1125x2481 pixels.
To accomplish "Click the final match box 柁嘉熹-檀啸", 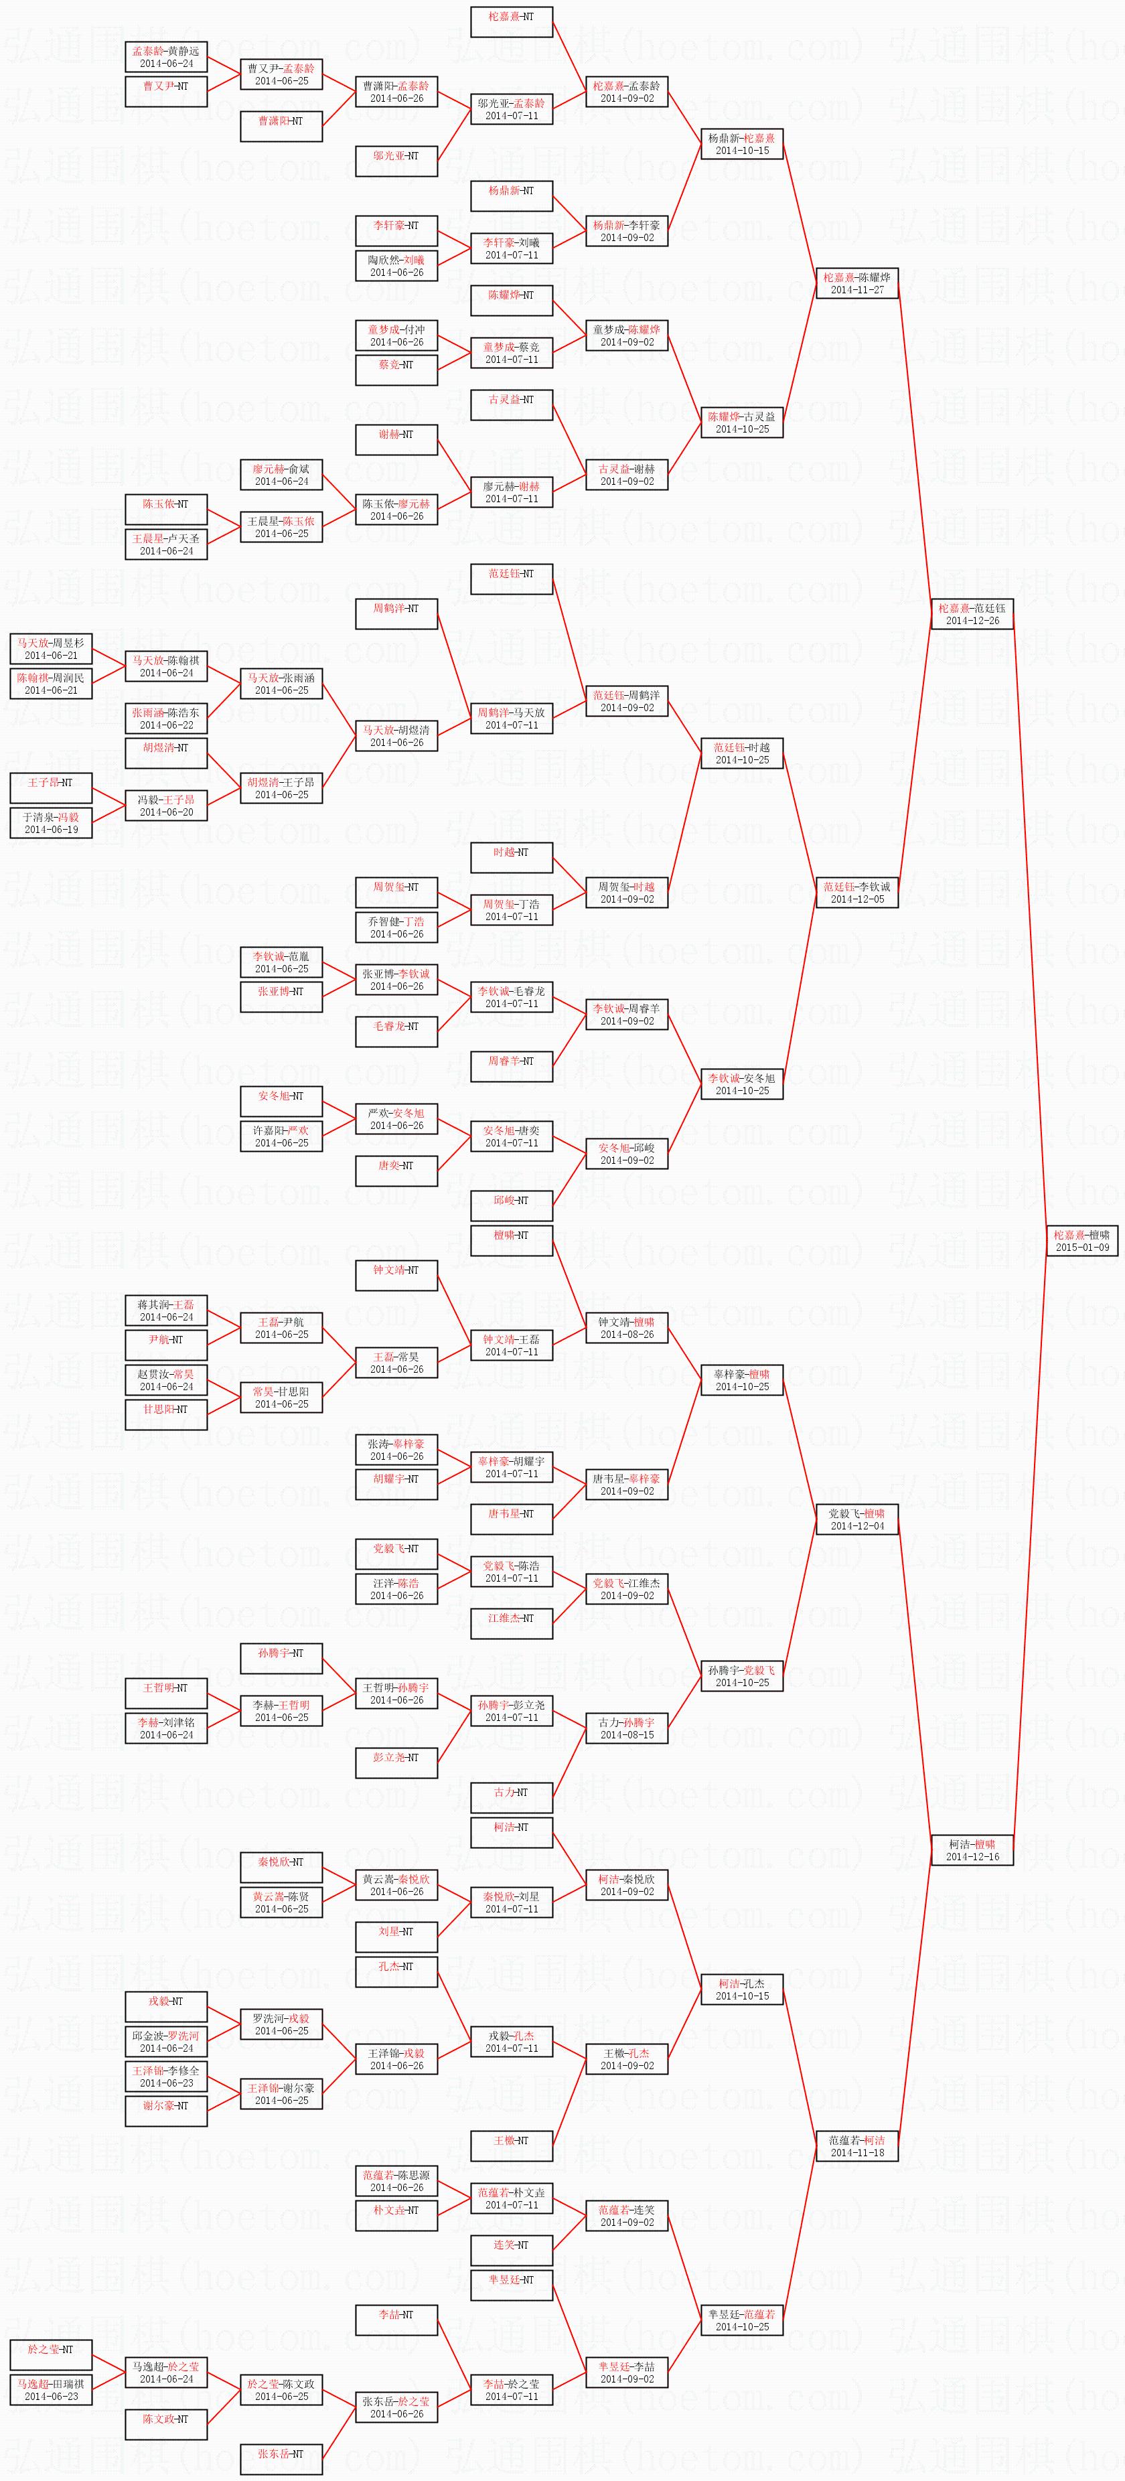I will (x=1081, y=1240).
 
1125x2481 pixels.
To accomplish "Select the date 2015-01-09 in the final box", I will (x=1081, y=1248).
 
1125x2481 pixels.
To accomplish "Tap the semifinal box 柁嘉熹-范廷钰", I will (x=972, y=613).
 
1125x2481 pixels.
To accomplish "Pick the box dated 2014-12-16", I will (x=972, y=1850).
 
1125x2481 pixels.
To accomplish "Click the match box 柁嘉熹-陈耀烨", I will (x=857, y=283).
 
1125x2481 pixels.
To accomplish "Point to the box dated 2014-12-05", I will (x=857, y=892).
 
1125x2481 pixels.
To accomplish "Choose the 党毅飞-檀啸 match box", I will (x=857, y=1519).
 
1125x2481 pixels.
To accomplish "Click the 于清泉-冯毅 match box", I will (x=51, y=822).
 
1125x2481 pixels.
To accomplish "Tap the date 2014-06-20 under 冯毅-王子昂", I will (x=165, y=812).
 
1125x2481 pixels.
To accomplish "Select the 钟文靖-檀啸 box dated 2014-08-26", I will (x=627, y=1328).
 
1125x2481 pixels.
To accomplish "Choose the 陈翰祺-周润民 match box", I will (x=51, y=684).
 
